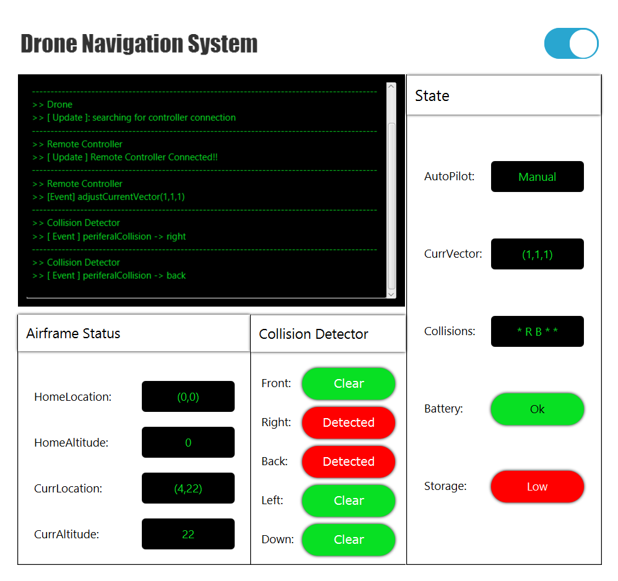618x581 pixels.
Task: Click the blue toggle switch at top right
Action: coord(571,43)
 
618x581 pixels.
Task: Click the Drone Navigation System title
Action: coord(139,44)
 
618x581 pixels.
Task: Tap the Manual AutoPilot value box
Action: coord(537,177)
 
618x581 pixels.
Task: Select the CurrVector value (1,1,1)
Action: coord(537,254)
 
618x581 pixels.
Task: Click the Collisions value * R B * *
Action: coord(537,331)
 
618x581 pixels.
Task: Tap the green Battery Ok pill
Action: coord(537,409)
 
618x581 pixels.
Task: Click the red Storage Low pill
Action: coord(537,486)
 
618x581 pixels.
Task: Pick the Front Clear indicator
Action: coord(348,383)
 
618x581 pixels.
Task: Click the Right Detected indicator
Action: coord(348,422)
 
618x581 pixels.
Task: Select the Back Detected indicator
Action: coord(348,461)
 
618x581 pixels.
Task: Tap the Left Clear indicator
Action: coord(348,500)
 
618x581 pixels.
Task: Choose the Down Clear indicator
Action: coord(348,539)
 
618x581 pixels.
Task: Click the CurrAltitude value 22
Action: coord(188,534)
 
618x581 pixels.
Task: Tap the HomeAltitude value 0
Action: coord(188,442)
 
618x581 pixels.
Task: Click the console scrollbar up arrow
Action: coord(391,87)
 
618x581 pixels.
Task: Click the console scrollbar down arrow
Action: coord(391,294)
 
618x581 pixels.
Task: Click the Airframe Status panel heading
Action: coord(73,333)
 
